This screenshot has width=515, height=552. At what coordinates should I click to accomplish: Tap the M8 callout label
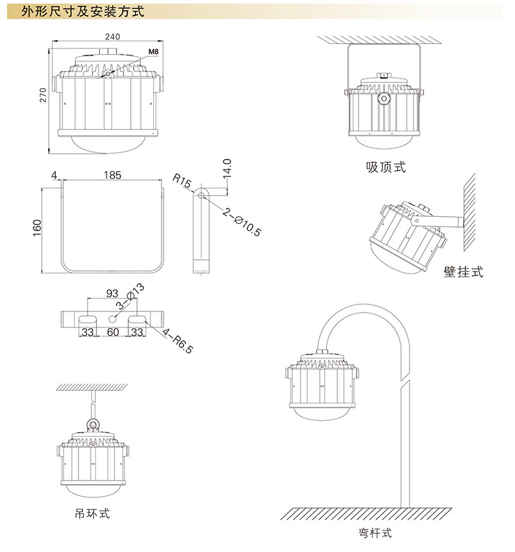coord(153,51)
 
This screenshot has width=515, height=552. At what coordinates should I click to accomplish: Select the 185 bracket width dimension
coord(113,175)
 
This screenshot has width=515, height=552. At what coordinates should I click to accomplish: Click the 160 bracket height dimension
coord(37,228)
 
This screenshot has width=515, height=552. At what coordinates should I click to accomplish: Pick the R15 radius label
coord(182,179)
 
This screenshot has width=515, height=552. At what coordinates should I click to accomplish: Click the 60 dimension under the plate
coord(113,333)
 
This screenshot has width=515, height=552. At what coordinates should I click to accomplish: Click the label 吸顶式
coord(386,167)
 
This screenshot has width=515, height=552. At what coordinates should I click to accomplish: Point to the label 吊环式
coord(93,513)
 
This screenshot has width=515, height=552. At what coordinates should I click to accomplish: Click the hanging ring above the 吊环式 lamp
coord(93,425)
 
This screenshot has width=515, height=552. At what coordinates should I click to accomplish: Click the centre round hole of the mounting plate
coord(113,319)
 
